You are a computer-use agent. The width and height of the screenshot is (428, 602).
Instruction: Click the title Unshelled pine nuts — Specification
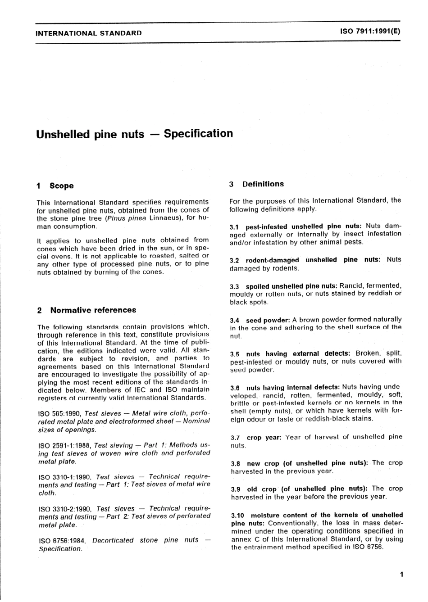point(134,134)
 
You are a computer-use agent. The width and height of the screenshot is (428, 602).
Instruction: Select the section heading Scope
point(61,186)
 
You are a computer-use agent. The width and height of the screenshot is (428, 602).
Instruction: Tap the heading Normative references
point(93,310)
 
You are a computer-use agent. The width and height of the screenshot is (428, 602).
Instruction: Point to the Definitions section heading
point(263,184)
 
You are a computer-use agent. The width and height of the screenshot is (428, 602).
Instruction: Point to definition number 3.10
point(237,516)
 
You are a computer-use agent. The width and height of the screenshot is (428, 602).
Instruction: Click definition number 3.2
point(235,260)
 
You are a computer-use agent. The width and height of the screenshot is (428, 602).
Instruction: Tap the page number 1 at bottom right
point(401,574)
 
